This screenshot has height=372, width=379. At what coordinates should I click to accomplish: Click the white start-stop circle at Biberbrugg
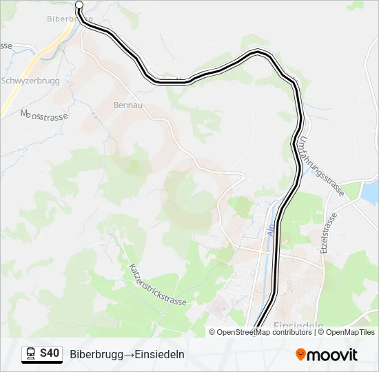click(x=79, y=6)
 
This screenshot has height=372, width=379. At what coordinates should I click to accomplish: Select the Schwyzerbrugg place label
click(x=30, y=80)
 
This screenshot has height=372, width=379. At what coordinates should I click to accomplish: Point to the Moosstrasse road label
click(x=45, y=116)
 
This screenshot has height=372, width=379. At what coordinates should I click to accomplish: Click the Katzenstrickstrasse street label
click(x=158, y=288)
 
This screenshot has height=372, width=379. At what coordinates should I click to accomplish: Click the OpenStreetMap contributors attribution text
click(x=264, y=332)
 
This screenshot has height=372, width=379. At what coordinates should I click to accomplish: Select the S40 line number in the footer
click(x=50, y=354)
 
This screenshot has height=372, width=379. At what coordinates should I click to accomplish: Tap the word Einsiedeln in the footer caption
click(x=160, y=355)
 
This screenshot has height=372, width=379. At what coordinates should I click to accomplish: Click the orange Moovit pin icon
click(x=301, y=355)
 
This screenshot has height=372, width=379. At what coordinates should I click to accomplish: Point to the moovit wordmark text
click(x=332, y=355)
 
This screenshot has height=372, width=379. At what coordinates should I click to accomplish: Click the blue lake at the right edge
click(x=369, y=192)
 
